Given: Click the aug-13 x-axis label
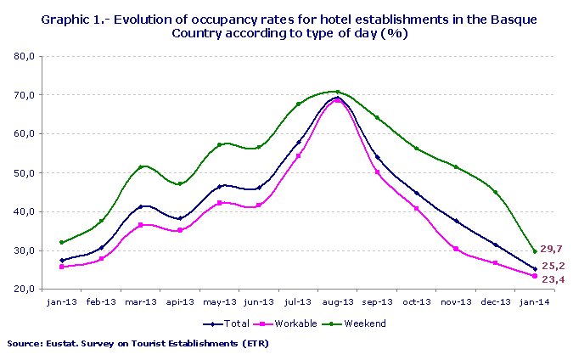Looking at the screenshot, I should point(338,301).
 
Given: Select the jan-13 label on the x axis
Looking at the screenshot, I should point(62,301).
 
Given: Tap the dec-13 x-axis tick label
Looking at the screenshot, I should point(496,301).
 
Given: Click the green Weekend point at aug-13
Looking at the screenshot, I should point(338,92).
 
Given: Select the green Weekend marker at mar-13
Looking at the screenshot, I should point(141,167).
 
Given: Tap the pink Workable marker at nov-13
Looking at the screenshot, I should point(456,249).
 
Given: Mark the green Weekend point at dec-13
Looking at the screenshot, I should point(496,192).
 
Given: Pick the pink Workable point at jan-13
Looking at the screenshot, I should point(62,267).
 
